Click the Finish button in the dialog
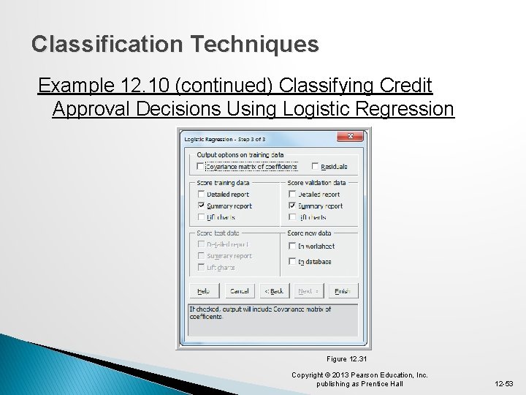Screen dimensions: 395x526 tap(342, 290)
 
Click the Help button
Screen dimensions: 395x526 tap(199, 290)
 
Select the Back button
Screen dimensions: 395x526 tap(275, 290)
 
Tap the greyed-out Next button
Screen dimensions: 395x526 tap(308, 290)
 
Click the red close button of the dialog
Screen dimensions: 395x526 tap(350, 137)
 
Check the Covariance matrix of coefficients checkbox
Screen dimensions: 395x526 tap(201, 167)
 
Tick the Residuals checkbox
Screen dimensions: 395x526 tap(316, 167)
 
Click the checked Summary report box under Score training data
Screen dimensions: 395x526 tap(201, 206)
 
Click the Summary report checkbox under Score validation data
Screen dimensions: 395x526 tap(292, 206)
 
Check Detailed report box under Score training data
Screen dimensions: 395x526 tap(201, 195)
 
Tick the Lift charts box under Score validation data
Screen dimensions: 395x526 tap(292, 217)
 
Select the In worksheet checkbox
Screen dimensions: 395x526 tap(292, 246)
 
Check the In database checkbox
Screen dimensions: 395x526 tap(292, 261)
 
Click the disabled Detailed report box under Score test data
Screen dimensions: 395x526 tap(201, 244)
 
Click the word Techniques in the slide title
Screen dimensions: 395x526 tap(255, 45)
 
